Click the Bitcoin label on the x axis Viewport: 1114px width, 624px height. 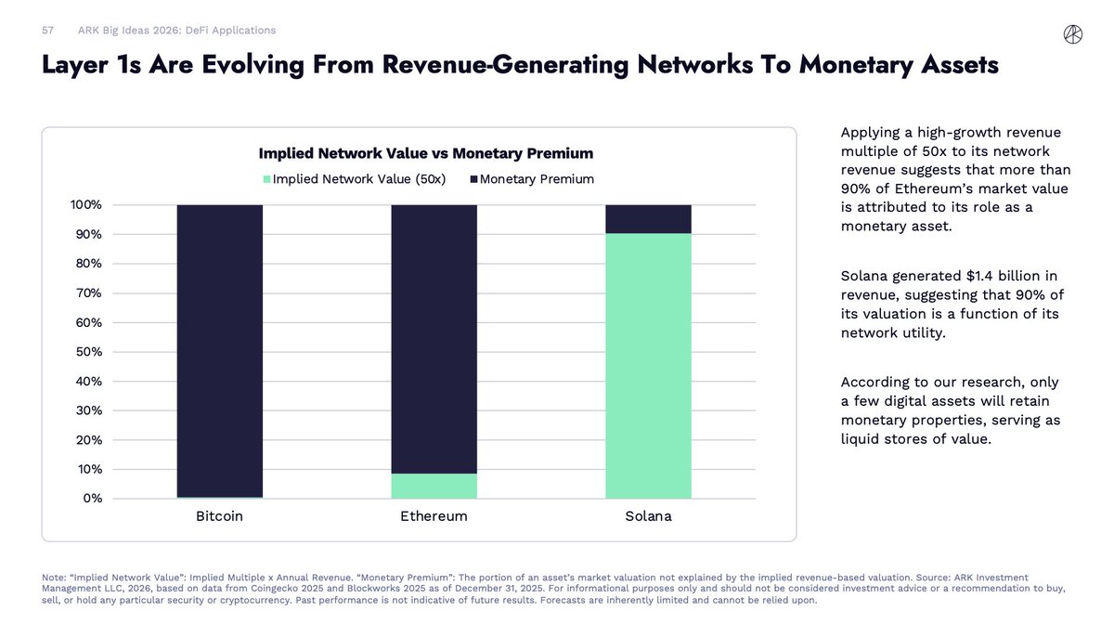219,516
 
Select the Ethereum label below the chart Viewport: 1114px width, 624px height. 434,516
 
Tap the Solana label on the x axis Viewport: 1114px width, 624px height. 648,516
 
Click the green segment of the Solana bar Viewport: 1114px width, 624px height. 648,366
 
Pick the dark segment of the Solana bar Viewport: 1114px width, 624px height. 648,218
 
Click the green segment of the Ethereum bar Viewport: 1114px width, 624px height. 434,487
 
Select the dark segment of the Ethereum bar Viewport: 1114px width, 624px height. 434,339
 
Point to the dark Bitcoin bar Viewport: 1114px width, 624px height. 219,351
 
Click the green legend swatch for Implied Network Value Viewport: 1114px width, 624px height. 267,179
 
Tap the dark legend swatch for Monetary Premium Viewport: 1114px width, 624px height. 473,179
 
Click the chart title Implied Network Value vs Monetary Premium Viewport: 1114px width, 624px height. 425,153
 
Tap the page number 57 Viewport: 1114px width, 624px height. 48,31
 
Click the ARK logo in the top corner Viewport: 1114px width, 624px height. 1072,34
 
